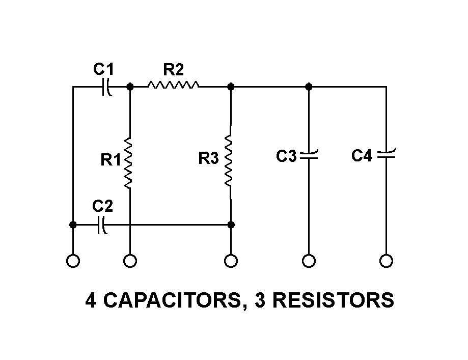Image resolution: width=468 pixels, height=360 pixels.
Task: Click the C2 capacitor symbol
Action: tap(101, 225)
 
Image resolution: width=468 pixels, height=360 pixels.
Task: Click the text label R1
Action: tap(111, 160)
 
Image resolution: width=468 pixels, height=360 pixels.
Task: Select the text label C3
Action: tap(286, 156)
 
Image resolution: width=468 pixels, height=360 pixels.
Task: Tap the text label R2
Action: tap(173, 69)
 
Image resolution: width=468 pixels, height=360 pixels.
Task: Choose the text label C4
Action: tap(362, 156)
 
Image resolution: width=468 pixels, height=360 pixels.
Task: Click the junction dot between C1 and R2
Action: tap(130, 87)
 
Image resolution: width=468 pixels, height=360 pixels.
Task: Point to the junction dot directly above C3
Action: tap(309, 87)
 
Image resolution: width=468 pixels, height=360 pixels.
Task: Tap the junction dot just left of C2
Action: tap(73, 225)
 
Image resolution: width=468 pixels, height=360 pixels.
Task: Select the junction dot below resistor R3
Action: tap(231, 225)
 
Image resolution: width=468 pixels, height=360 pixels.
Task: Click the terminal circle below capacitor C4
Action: tap(386, 261)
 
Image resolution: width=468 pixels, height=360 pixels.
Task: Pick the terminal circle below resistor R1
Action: tap(130, 261)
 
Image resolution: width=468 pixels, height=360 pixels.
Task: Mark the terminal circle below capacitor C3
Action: tap(309, 261)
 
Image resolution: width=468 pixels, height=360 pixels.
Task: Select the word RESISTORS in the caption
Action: tap(333, 300)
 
